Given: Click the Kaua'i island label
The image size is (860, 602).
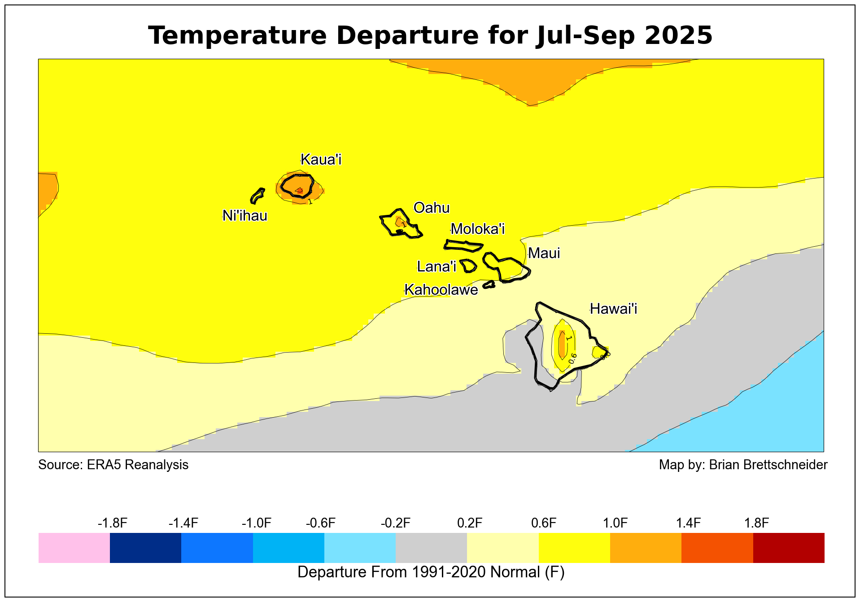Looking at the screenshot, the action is pyautogui.click(x=321, y=159).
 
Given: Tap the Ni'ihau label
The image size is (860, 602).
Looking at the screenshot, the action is pyautogui.click(x=245, y=216).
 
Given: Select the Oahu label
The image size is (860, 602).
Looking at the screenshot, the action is pyautogui.click(x=432, y=208).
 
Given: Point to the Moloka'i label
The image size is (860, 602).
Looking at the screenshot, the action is pyautogui.click(x=478, y=229).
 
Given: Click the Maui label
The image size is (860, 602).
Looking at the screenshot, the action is pyautogui.click(x=544, y=253).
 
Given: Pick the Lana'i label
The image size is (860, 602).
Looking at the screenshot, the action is pyautogui.click(x=437, y=266).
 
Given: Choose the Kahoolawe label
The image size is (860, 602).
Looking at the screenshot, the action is pyautogui.click(x=441, y=290).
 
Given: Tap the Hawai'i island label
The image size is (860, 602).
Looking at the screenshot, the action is pyautogui.click(x=613, y=309).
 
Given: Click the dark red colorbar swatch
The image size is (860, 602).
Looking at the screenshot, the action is pyautogui.click(x=789, y=548).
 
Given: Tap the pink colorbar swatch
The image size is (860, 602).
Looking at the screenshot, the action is pyautogui.click(x=74, y=548).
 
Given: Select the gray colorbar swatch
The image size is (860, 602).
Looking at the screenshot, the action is pyautogui.click(x=431, y=548).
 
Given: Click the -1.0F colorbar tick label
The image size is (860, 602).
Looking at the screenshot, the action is pyautogui.click(x=257, y=523).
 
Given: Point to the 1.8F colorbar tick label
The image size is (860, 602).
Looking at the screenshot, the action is pyautogui.click(x=757, y=523).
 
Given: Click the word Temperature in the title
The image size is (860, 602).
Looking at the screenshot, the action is pyautogui.click(x=237, y=35).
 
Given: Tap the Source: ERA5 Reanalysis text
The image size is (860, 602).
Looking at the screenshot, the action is pyautogui.click(x=114, y=465).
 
